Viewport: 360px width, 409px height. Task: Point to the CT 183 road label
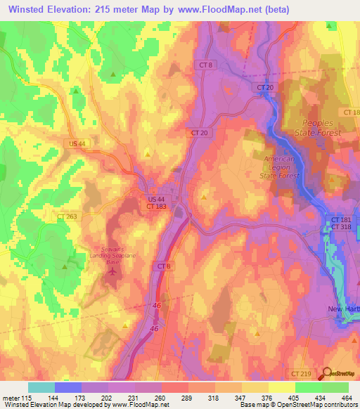157,207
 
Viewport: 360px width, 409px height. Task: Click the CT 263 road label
67,216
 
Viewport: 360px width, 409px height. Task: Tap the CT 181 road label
341,220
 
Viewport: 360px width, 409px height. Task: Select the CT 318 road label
341,227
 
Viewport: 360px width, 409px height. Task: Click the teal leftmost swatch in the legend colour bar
41,387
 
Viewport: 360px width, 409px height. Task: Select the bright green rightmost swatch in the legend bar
335,387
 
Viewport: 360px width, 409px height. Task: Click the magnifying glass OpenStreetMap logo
327,373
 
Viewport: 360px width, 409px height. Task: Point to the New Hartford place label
343,309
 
